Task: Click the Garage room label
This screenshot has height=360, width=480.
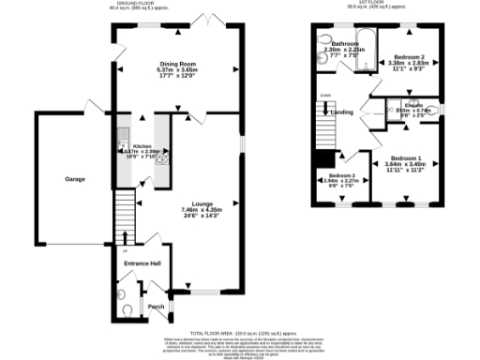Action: tap(74, 178)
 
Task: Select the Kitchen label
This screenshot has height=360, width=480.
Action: tap(142, 147)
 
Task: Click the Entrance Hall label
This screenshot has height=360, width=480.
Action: tap(142, 263)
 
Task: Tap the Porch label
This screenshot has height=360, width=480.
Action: tap(155, 306)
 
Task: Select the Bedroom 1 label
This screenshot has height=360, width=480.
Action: tap(404, 158)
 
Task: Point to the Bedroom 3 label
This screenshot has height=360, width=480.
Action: tap(341, 176)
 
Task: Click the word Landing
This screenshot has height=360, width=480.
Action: tap(342, 113)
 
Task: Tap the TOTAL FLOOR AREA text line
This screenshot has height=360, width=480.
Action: tap(240, 333)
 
